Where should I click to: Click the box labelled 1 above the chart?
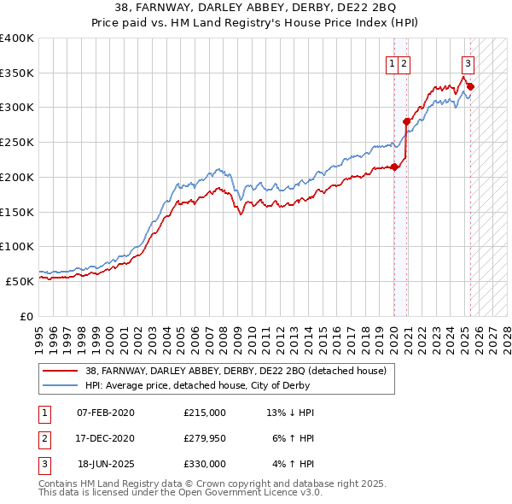click(x=392, y=62)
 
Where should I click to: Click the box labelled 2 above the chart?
click(x=404, y=62)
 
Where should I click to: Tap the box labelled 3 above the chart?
click(x=468, y=62)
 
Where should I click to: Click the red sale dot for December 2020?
click(x=407, y=121)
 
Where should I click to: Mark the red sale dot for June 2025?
click(x=470, y=86)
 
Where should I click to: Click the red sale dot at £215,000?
click(x=394, y=167)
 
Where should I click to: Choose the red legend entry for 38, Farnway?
click(x=236, y=371)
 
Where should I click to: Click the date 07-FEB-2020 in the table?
click(x=106, y=413)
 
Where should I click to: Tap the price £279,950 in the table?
click(x=205, y=438)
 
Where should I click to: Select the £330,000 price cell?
click(x=205, y=464)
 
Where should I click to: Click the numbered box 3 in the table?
click(x=43, y=464)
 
